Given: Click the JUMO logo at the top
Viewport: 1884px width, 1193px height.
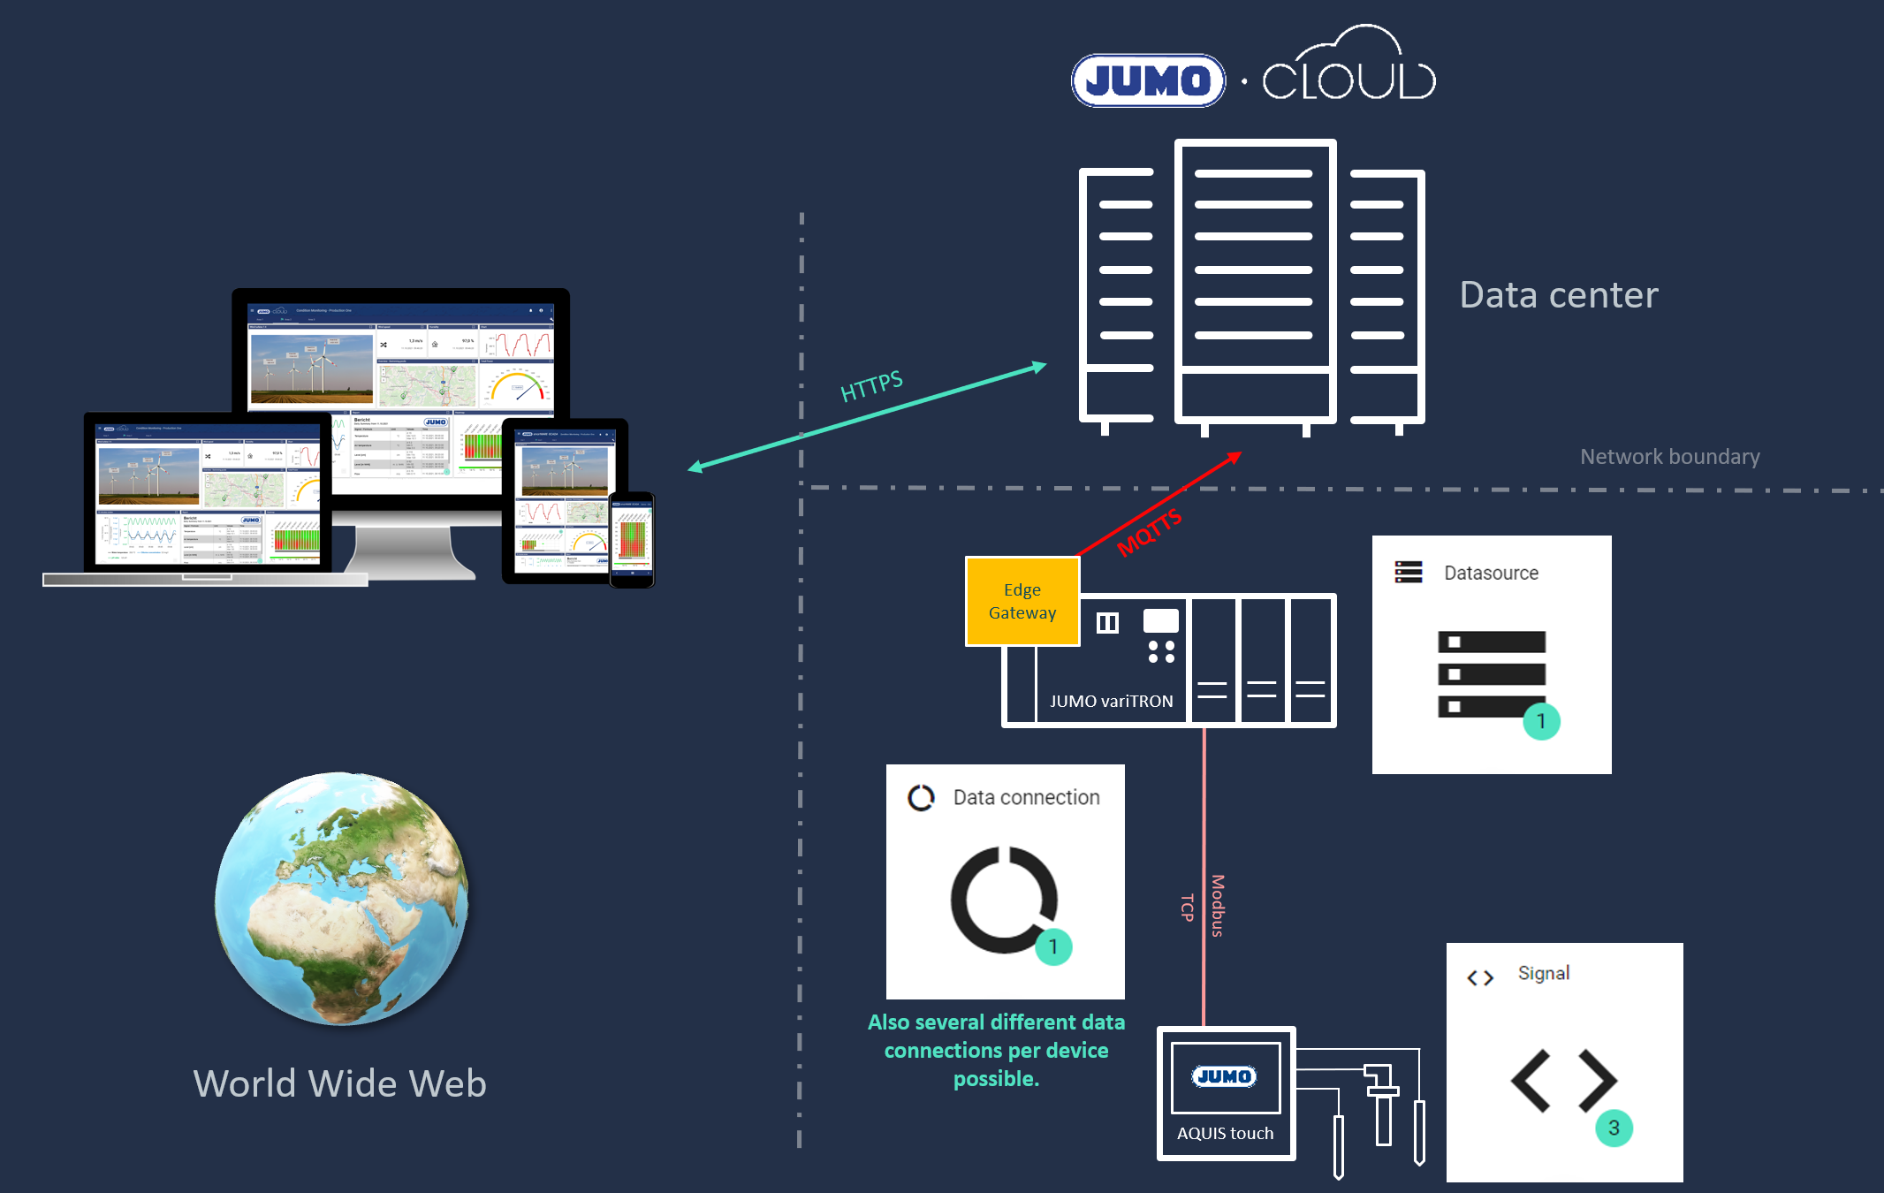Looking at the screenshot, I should [1148, 81].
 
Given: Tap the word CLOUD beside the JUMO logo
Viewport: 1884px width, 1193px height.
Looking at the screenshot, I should [1348, 80].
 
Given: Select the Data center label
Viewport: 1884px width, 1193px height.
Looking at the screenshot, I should [1558, 295].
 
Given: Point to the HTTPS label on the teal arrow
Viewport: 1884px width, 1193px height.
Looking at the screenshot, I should [871, 386].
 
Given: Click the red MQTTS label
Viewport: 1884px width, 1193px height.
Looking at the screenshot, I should [1149, 532].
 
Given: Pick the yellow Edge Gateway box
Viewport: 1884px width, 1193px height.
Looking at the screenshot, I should [1022, 602].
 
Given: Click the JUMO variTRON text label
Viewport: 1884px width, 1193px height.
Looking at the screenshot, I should [1111, 702].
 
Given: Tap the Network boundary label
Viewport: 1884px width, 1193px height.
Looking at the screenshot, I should [1669, 457].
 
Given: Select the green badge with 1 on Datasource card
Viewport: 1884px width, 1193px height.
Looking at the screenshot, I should [1541, 722].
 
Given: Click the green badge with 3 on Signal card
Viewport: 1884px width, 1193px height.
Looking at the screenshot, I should [1614, 1128].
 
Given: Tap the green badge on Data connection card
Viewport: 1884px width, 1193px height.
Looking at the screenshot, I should [1053, 947].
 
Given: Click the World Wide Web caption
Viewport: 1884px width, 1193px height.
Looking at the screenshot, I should [340, 1084].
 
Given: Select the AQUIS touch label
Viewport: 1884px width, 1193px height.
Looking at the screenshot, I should [1225, 1134].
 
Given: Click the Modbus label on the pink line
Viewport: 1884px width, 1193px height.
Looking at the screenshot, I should [1218, 906].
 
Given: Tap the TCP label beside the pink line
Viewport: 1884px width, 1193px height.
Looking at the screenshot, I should [1188, 908].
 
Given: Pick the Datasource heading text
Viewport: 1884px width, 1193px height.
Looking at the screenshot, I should [1491, 574].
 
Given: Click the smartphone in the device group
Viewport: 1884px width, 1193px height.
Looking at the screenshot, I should [632, 539].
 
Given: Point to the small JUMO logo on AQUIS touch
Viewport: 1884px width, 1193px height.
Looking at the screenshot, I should [1224, 1076].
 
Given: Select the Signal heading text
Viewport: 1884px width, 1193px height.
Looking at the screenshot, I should [1543, 974].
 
